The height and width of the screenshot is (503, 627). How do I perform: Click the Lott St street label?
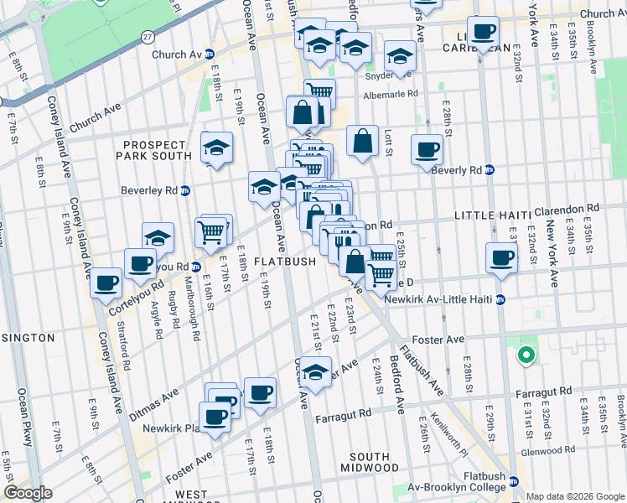388,143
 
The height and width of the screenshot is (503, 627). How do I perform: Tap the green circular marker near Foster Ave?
526,355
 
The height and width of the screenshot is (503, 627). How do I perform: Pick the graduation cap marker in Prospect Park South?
216,148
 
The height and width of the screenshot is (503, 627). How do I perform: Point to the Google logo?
28,494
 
